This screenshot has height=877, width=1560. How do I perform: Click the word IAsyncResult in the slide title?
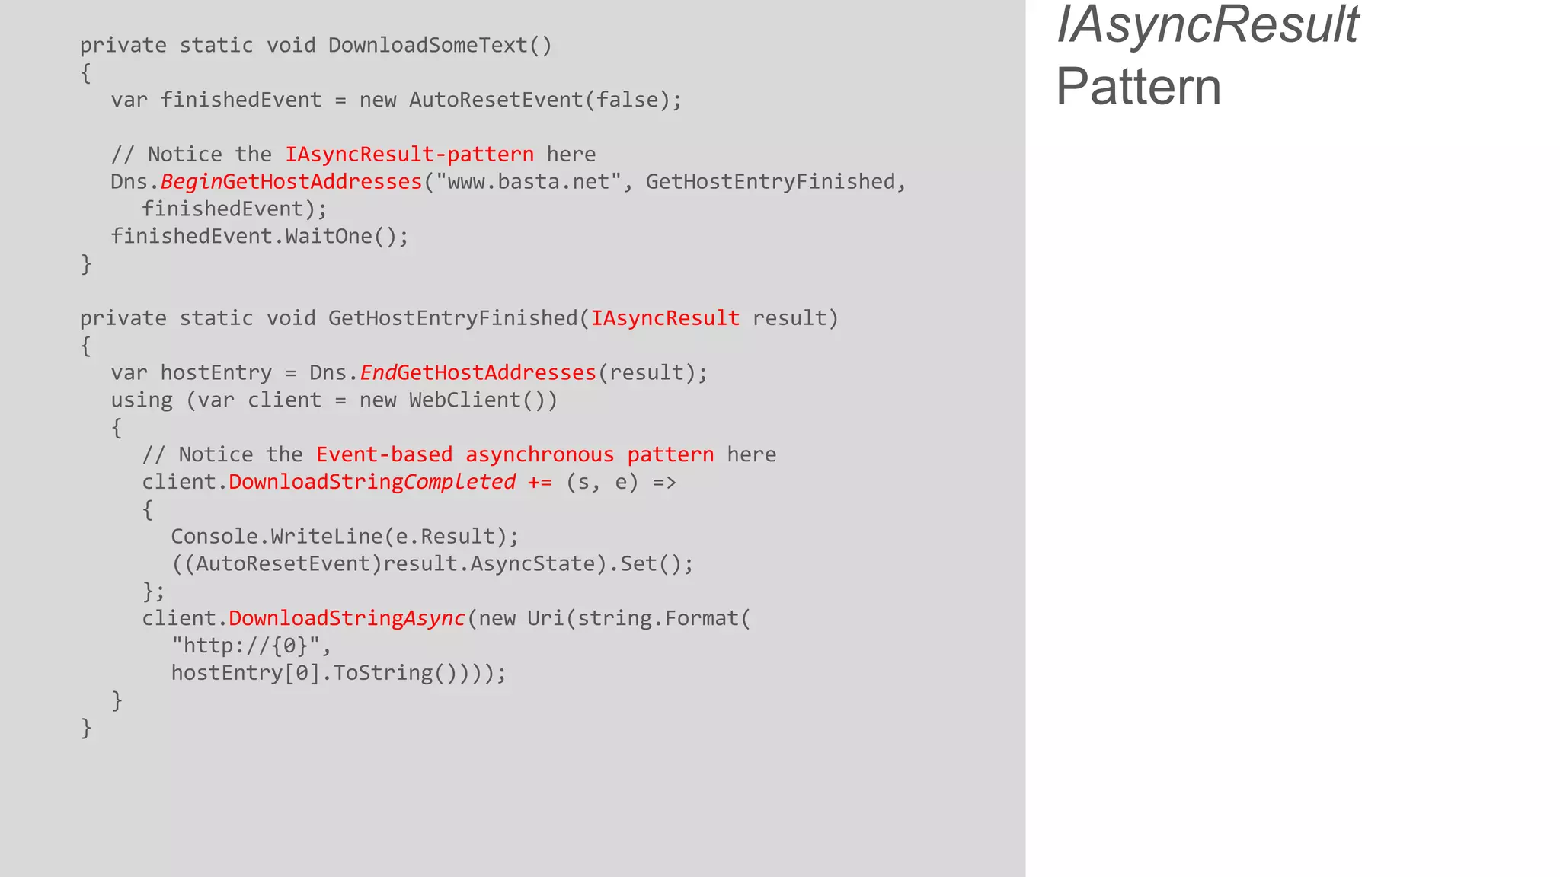1207,26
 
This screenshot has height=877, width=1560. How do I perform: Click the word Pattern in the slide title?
1138,87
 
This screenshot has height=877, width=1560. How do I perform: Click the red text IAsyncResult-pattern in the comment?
409,155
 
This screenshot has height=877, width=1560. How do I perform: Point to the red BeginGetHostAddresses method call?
291,182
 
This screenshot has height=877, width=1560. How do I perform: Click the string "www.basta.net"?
528,182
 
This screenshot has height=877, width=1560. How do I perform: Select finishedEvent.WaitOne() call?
259,237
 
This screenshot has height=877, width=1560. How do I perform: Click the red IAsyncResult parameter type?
665,318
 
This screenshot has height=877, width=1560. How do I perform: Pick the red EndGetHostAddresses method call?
478,373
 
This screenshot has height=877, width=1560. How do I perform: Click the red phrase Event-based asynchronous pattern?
515,455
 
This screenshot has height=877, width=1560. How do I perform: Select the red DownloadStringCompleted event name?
372,483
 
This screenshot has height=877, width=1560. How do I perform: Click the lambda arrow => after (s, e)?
664,483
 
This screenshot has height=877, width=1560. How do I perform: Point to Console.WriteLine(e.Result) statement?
344,537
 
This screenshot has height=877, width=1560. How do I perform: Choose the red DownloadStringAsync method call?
347,619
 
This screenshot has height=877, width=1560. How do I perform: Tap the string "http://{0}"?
251,646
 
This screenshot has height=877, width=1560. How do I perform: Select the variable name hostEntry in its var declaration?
216,373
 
